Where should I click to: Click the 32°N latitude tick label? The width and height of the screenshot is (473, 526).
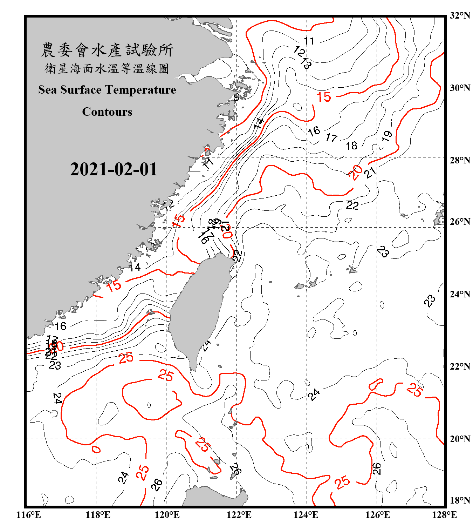point(460,15)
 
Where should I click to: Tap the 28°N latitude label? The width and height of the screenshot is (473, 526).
point(460,160)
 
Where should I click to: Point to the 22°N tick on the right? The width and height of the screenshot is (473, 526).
point(460,366)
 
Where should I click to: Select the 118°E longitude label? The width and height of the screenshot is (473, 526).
point(98,515)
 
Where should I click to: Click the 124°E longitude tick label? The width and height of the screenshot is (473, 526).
point(306,515)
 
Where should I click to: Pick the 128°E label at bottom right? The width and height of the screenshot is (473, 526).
point(444,515)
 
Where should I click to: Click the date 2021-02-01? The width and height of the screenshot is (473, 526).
point(114,169)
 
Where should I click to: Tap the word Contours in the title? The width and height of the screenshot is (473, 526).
point(107,112)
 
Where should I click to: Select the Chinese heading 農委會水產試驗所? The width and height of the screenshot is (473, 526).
point(107,50)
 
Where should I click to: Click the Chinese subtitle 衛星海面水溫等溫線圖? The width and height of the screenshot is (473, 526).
point(107,68)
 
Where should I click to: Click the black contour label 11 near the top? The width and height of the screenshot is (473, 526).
point(309,41)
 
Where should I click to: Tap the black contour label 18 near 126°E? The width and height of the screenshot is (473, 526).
point(351,146)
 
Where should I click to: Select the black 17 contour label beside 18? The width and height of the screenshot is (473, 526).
point(331,137)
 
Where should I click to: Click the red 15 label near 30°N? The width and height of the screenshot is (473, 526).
point(323,97)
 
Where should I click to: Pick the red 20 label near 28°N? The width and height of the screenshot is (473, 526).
point(356,172)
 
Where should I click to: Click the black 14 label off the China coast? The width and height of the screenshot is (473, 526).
point(135,268)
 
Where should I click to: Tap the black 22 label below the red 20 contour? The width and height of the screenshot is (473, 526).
point(352,205)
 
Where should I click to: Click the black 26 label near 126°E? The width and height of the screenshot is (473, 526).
point(376,468)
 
